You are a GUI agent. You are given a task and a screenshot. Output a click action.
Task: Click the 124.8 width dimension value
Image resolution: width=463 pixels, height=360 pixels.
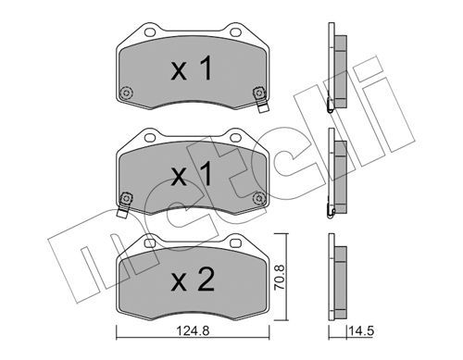(193, 331)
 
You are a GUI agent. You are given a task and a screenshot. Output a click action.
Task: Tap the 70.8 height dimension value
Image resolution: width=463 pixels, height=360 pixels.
(281, 277)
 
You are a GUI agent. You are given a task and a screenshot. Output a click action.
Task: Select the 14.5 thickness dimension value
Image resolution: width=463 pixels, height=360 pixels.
(361, 331)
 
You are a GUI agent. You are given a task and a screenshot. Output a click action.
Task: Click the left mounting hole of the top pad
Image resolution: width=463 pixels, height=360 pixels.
(150, 31)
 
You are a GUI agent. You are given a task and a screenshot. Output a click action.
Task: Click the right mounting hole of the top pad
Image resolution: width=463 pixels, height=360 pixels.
(235, 31)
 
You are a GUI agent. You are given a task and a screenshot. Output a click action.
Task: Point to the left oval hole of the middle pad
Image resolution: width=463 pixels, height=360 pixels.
(150, 137)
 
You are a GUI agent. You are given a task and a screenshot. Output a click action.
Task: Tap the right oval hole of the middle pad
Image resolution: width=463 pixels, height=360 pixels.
(235, 137)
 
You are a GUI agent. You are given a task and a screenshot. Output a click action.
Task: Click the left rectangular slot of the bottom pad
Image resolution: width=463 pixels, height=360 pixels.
(150, 243)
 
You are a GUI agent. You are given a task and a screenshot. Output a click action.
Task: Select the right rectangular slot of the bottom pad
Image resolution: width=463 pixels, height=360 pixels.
(235, 243)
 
